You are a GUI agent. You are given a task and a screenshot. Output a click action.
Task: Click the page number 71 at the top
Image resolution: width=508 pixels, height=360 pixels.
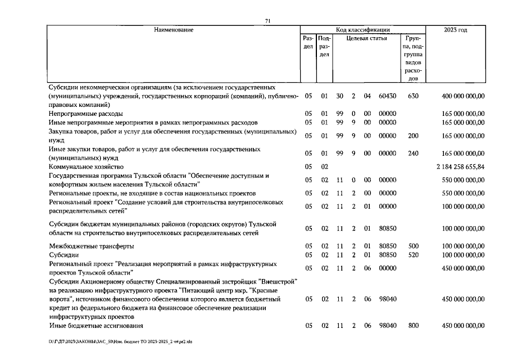pyautogui.click(x=268, y=21)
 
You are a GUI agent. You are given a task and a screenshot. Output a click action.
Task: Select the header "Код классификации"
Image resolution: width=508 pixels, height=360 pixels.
pyautogui.click(x=363, y=29)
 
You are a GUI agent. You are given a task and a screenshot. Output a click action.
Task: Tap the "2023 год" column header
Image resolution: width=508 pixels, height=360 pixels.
pyautogui.click(x=456, y=29)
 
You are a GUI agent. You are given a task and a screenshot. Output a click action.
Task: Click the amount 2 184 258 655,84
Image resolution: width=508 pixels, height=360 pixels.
pyautogui.click(x=460, y=167)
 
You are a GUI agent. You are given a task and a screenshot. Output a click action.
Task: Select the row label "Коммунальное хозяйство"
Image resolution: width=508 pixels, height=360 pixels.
pyautogui.click(x=84, y=167)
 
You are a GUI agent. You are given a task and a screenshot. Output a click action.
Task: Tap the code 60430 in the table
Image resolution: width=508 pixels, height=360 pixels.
pyautogui.click(x=388, y=96)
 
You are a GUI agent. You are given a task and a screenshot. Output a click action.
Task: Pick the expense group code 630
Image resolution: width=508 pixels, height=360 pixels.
pyautogui.click(x=413, y=96)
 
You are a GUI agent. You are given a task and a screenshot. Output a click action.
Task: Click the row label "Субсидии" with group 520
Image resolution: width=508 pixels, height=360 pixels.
pyautogui.click(x=65, y=255)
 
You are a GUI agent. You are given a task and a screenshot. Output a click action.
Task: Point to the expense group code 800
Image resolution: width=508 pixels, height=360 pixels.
pyautogui.click(x=413, y=326)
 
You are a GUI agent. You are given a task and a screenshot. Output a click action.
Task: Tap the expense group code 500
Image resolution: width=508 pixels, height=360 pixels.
pyautogui.click(x=413, y=246)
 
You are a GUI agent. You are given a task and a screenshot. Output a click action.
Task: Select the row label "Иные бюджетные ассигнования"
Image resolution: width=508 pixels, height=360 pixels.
pyautogui.click(x=96, y=326)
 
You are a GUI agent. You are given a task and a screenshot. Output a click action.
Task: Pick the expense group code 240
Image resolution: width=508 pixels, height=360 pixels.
pyautogui.click(x=413, y=153)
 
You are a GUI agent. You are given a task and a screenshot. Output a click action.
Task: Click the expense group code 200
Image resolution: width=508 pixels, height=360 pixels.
pyautogui.click(x=413, y=136)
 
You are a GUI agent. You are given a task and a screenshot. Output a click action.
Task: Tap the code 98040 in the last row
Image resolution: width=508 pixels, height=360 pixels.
pyautogui.click(x=388, y=326)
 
